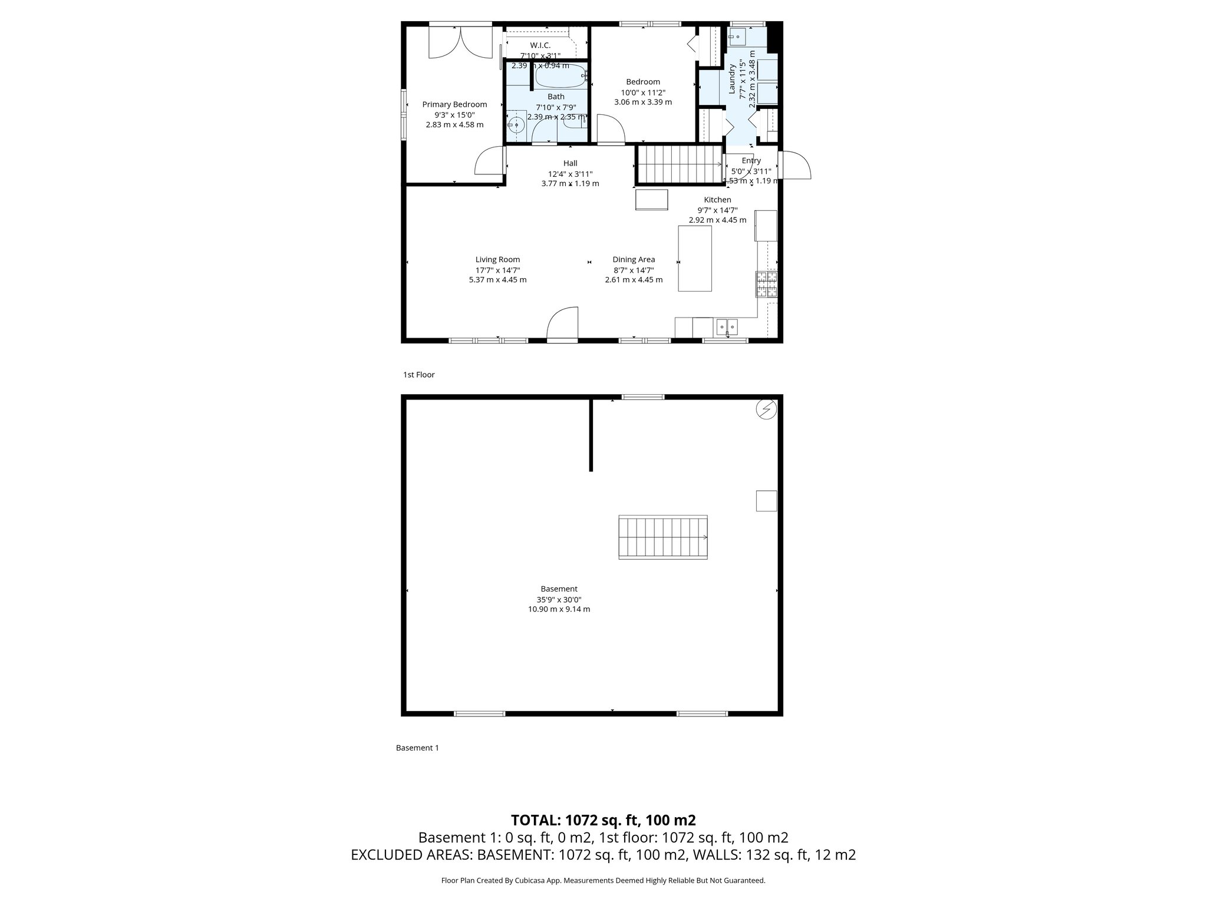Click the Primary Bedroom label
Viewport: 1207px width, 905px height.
tap(454, 104)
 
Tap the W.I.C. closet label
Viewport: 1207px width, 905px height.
tap(540, 45)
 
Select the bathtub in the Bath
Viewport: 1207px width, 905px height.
tap(560, 77)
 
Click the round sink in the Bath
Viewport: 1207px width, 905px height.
tap(516, 124)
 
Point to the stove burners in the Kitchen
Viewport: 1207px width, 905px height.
tap(767, 284)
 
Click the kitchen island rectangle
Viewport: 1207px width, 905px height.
tap(695, 258)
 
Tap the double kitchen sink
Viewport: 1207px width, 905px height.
tap(727, 325)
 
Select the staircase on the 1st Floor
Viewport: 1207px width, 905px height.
tap(680, 165)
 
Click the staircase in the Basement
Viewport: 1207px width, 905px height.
tap(662, 537)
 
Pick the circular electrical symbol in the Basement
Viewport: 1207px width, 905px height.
tap(766, 409)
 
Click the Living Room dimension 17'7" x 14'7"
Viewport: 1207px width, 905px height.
tap(497, 270)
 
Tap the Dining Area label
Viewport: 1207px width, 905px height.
tap(634, 259)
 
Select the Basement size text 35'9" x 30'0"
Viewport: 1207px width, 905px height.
tap(559, 599)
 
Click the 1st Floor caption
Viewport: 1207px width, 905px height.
tap(418, 375)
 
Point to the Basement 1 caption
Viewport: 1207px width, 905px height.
tap(417, 748)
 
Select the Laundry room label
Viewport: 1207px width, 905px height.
tap(733, 80)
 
